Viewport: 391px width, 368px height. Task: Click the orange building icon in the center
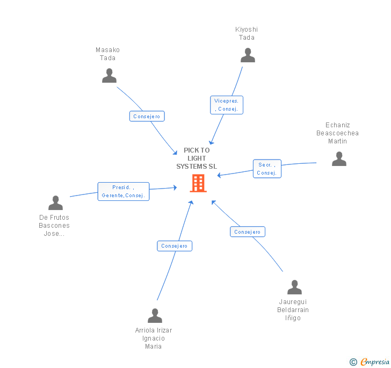198,183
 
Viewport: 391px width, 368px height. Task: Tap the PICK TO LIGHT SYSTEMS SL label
197,158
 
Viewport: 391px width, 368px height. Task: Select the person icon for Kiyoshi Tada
248,55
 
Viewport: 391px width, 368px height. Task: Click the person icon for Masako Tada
109,76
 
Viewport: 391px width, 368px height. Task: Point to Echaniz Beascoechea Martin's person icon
339,158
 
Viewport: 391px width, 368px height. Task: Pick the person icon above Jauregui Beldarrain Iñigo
294,287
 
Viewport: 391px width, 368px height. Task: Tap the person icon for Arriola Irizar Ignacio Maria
155,316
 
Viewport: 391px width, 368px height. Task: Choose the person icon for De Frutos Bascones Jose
55,203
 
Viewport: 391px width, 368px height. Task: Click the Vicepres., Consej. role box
227,105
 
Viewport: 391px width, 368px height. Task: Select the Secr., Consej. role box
267,169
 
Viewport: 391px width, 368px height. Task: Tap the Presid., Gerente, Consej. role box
123,191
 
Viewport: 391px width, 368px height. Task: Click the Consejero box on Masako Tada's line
147,116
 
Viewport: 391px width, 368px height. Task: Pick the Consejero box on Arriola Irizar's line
175,246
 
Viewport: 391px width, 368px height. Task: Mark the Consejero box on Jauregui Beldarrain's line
248,232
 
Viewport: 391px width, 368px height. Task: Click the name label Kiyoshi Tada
246,33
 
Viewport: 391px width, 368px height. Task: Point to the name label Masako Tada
107,54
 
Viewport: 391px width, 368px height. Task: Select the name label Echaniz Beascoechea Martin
337,133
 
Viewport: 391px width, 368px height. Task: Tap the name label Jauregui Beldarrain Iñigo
293,310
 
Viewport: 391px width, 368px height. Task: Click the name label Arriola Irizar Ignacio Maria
154,338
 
